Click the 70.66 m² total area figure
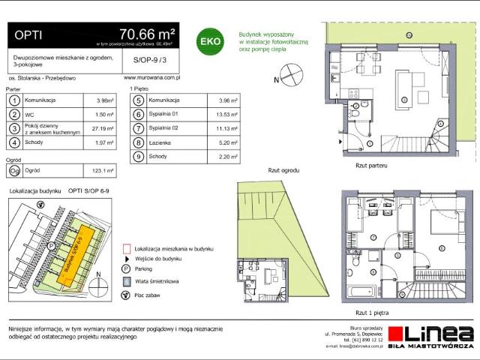(x=147, y=34)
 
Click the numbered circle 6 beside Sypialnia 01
(x=138, y=115)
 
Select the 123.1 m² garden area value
(x=103, y=170)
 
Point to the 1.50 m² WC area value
(x=105, y=115)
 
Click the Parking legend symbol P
(x=125, y=268)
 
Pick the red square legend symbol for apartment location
(x=126, y=247)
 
